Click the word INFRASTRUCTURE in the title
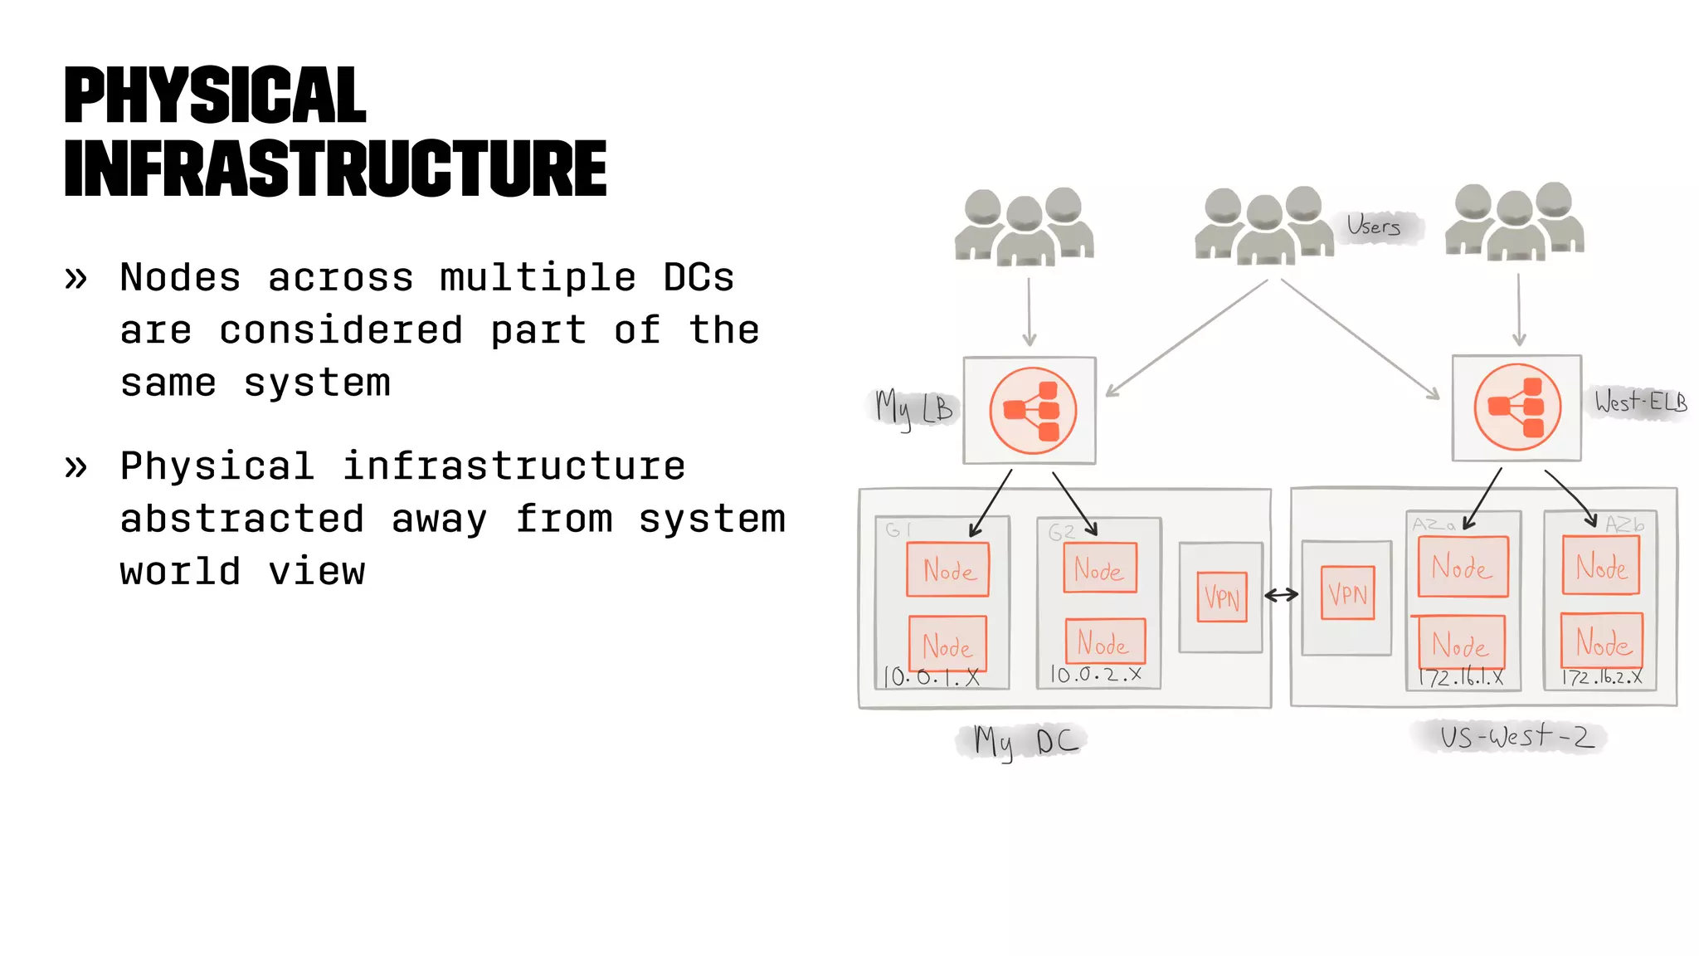pyautogui.click(x=335, y=169)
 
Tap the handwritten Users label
pyautogui.click(x=1373, y=226)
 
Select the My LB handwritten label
pyautogui.click(x=913, y=408)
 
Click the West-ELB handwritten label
pyautogui.click(x=1640, y=402)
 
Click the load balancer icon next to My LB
pyautogui.click(x=1032, y=411)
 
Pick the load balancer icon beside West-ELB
pyautogui.click(x=1516, y=407)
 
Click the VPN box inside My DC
pyautogui.click(x=1221, y=597)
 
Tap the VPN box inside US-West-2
pyautogui.click(x=1347, y=593)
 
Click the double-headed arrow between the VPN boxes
pyautogui.click(x=1282, y=595)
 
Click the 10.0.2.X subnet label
pyautogui.click(x=1096, y=675)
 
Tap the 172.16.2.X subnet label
pyautogui.click(x=1601, y=677)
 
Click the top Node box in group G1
pyautogui.click(x=947, y=569)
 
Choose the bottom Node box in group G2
pyautogui.click(x=1104, y=641)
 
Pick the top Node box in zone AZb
pyautogui.click(x=1600, y=566)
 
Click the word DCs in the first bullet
pyautogui.click(x=699, y=278)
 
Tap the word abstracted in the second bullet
pyautogui.click(x=241, y=519)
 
